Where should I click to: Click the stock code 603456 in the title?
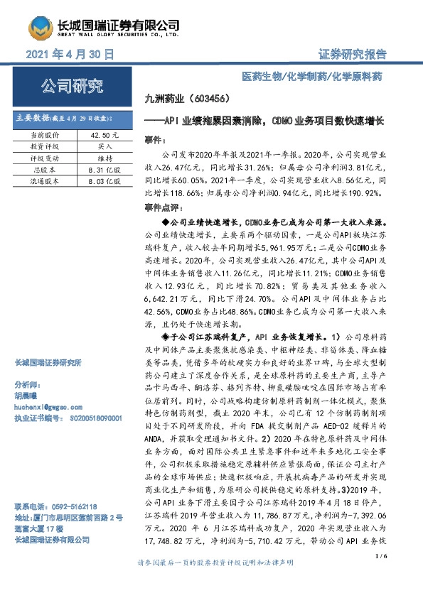coord(220,99)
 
